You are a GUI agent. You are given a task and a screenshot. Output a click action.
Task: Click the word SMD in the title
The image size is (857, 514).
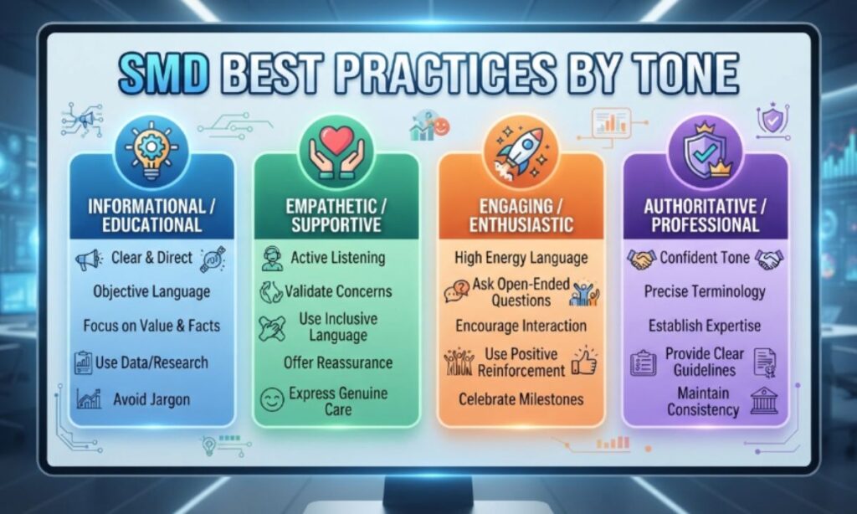164,74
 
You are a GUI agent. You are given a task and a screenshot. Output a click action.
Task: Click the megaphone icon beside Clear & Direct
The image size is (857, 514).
88,260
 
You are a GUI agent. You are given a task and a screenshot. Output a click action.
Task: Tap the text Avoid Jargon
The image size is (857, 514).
151,399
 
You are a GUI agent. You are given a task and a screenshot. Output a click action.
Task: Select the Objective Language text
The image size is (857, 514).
151,292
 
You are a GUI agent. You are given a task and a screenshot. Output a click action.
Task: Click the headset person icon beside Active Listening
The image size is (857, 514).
272,259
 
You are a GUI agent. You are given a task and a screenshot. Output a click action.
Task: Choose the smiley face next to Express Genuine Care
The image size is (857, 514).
272,399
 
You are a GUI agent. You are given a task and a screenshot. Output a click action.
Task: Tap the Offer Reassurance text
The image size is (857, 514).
338,362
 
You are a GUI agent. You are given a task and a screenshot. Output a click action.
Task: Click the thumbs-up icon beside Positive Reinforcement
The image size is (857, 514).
584,361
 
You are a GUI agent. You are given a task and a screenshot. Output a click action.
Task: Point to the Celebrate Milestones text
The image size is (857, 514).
521,399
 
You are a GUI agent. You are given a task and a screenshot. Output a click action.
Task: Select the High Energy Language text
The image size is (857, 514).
521,258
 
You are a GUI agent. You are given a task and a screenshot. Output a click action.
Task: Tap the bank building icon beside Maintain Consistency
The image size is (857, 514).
764,401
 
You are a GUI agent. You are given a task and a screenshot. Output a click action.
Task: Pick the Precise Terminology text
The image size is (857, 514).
705,292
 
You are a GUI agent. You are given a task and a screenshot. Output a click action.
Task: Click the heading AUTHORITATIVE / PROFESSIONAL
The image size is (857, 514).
705,215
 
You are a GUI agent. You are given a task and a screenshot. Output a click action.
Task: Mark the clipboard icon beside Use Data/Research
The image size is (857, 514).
83,362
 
